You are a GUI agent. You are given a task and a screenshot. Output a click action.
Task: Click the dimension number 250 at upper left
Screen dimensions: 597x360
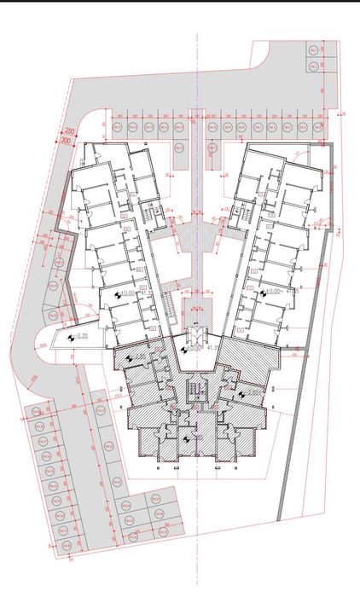tap(69, 130)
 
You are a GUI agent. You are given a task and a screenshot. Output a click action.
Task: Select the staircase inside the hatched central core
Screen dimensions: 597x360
tap(197, 391)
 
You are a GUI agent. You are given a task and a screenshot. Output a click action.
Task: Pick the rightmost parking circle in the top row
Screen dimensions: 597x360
tap(316, 127)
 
